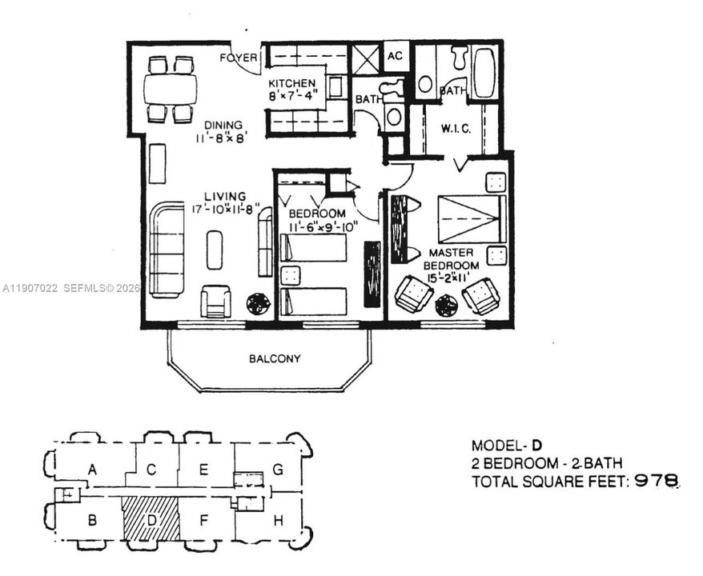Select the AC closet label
(x=395, y=56)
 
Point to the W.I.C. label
(x=456, y=129)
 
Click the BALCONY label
(x=275, y=358)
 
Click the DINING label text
(x=223, y=125)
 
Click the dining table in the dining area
(x=171, y=88)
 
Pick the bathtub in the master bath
(x=484, y=73)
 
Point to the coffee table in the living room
(x=215, y=250)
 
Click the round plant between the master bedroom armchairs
(x=446, y=305)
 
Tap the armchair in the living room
(x=215, y=302)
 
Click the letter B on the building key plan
(x=92, y=521)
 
